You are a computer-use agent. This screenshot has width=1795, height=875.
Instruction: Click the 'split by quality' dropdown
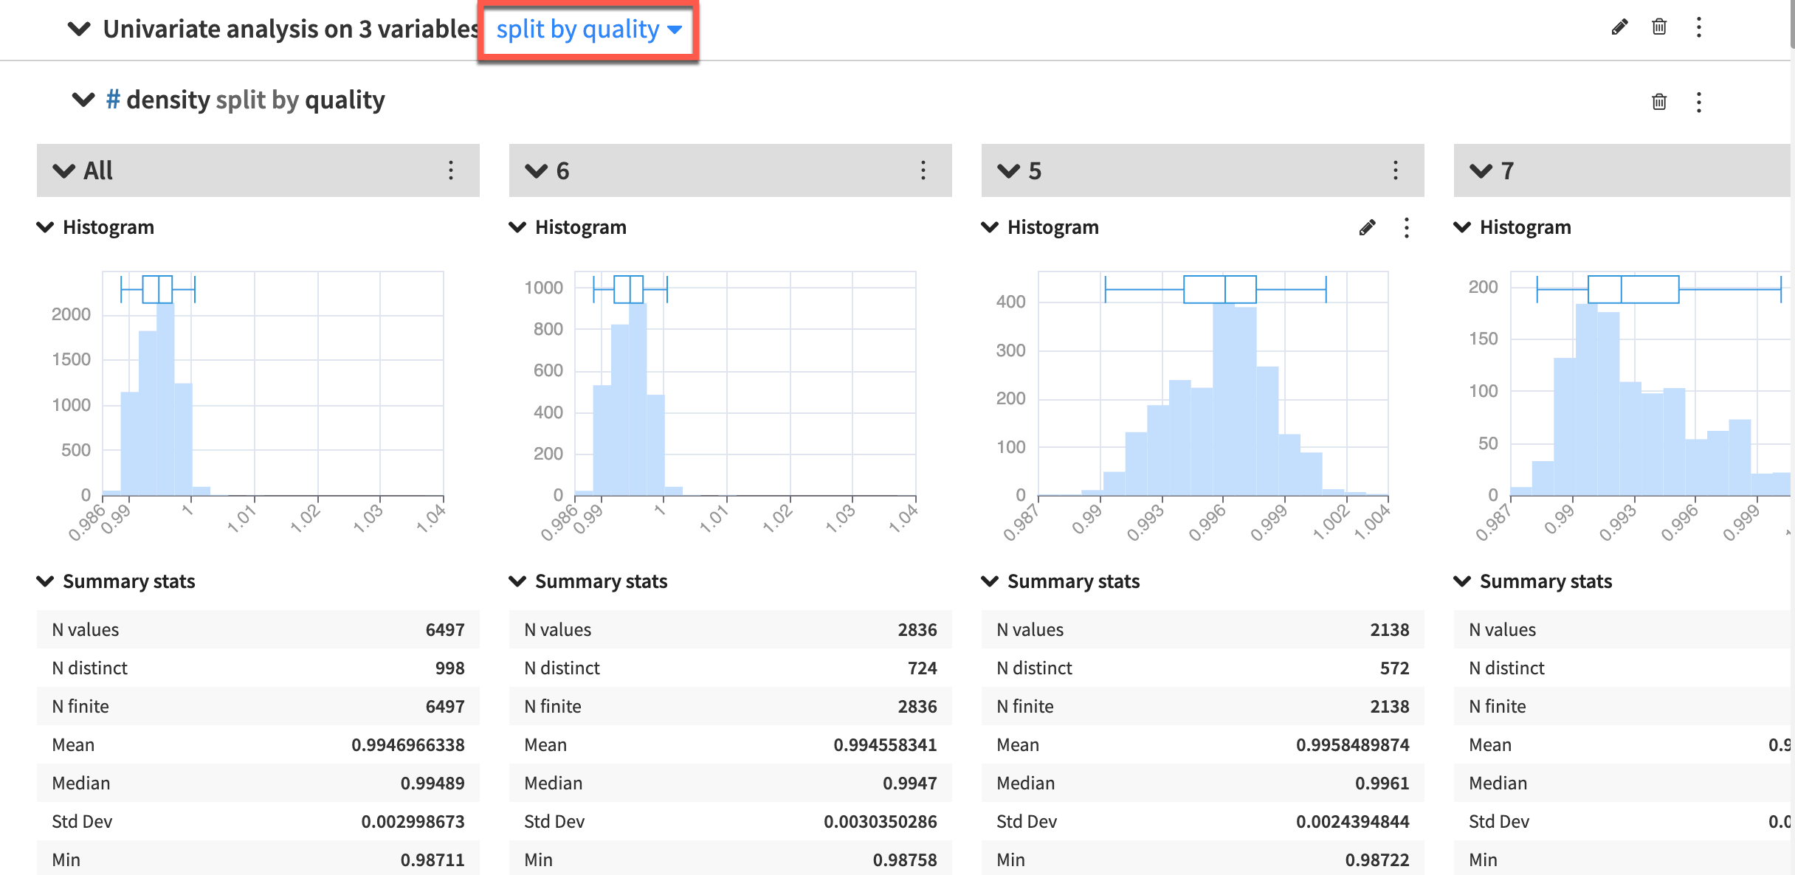[x=588, y=30]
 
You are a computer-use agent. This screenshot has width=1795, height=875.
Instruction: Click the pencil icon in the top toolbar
[x=1619, y=28]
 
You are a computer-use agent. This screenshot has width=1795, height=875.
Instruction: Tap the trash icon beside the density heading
[x=1658, y=102]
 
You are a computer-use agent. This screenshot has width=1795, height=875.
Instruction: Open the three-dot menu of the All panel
[x=451, y=170]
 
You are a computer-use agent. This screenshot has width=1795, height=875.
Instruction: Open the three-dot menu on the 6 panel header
[x=923, y=170]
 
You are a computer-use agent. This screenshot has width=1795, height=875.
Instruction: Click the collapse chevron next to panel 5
[x=1007, y=171]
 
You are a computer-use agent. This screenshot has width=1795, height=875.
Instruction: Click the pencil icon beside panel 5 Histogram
[x=1367, y=228]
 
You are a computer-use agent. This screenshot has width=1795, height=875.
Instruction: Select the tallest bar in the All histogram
[x=165, y=398]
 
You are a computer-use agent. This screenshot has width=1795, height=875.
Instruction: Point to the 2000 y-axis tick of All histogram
[x=71, y=314]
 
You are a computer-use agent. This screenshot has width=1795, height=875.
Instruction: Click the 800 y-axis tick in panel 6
[x=548, y=329]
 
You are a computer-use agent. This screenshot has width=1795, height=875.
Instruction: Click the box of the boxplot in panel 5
[x=1219, y=289]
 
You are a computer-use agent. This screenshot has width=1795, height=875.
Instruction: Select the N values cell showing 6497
[x=444, y=630]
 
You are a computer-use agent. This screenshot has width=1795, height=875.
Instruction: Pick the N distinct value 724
[x=922, y=668]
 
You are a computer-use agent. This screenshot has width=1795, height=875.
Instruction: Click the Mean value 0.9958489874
[x=1352, y=745]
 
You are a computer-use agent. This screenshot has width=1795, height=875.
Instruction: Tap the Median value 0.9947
[x=909, y=784]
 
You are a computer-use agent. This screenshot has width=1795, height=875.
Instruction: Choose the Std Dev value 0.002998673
[x=413, y=822]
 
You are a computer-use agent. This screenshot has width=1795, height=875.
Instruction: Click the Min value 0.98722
[x=1377, y=860]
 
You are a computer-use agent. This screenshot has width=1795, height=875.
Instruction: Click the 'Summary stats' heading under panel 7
[x=1546, y=581]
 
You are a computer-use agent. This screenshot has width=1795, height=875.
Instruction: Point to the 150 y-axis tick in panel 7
[x=1483, y=339]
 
